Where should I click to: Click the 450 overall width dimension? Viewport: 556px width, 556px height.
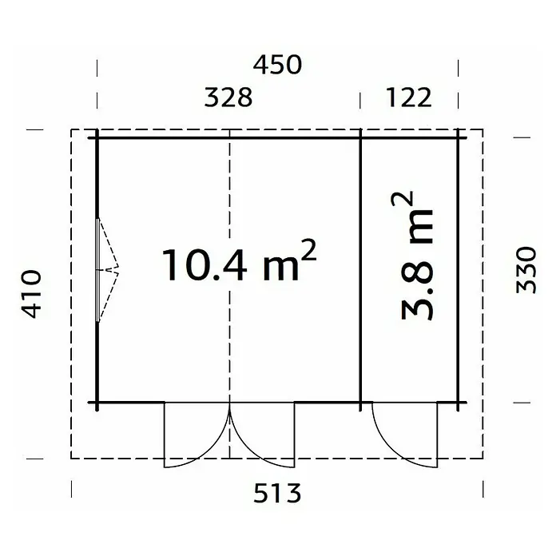[277, 65]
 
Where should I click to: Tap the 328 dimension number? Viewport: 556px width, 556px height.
[228, 97]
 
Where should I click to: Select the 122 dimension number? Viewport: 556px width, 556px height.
[409, 97]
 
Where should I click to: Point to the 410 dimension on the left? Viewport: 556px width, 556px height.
[32, 294]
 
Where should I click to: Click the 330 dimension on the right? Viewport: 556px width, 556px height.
[526, 270]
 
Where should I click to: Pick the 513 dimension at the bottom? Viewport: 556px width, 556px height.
[277, 493]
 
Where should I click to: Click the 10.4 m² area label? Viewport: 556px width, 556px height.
[239, 261]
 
